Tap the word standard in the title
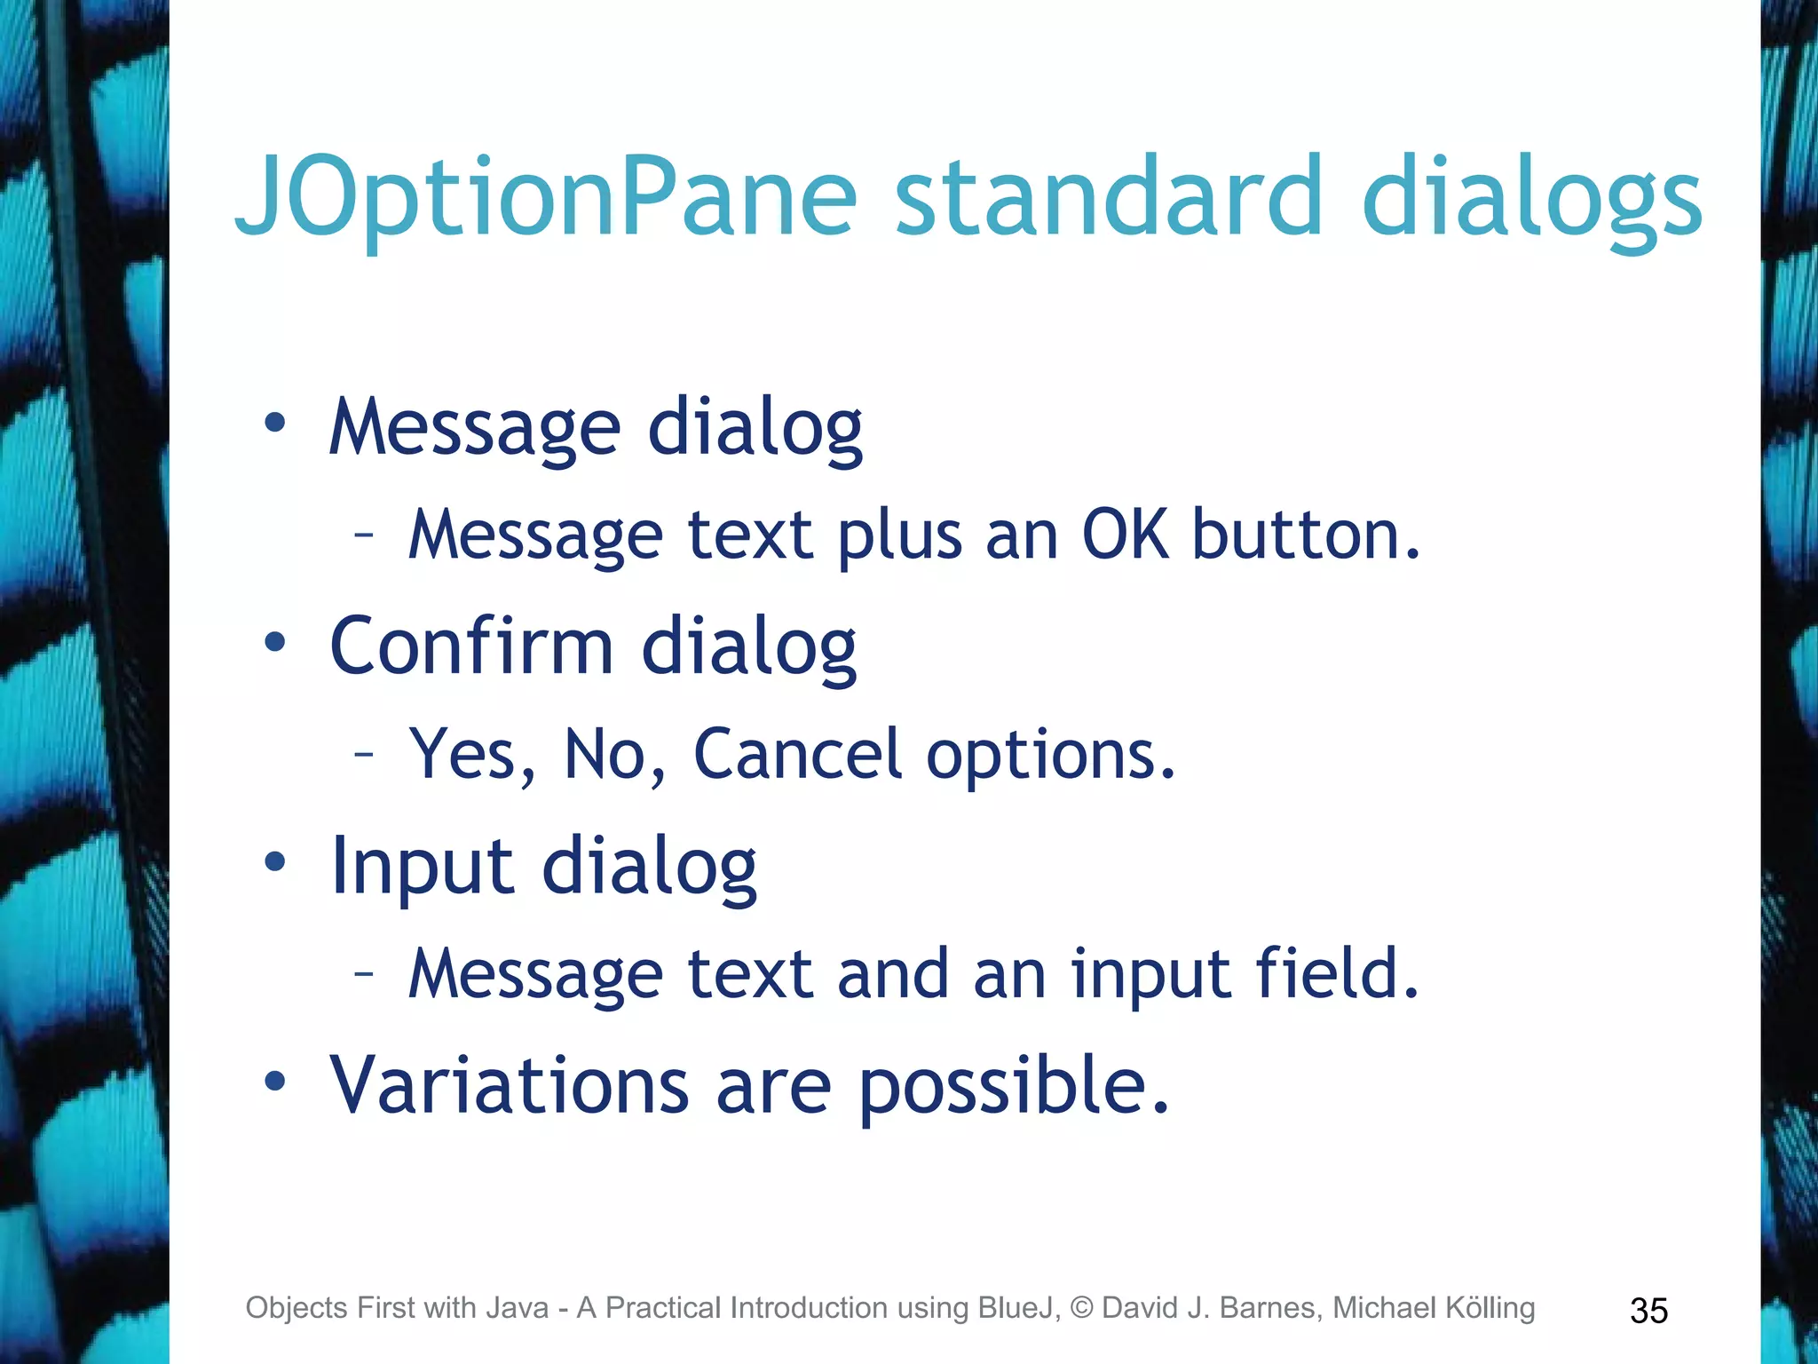point(1109,197)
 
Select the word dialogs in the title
point(1531,197)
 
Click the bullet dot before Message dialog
point(275,423)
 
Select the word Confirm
point(471,646)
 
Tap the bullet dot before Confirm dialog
point(275,641)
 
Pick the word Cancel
point(797,755)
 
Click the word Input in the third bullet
point(422,867)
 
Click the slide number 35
point(1648,1311)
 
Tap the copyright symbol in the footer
point(1081,1308)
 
